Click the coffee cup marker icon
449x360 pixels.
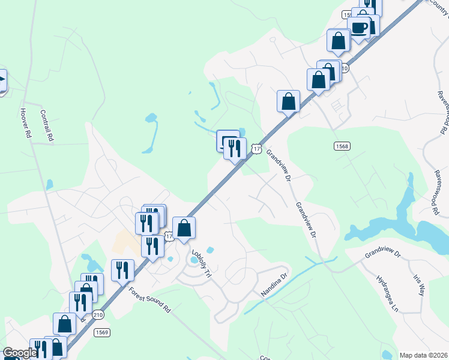[x=359, y=28]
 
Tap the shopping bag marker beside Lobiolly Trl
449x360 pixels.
[x=184, y=228]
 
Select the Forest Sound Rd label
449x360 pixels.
[x=150, y=299]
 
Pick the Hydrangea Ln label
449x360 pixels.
[x=387, y=296]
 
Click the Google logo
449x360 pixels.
[x=19, y=353]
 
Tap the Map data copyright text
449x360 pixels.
[x=424, y=355]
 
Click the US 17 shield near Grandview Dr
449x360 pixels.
[x=256, y=148]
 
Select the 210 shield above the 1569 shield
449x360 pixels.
[x=97, y=314]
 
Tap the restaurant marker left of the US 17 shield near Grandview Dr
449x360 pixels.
[x=235, y=148]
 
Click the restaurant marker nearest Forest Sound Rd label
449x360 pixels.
[x=122, y=270]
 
